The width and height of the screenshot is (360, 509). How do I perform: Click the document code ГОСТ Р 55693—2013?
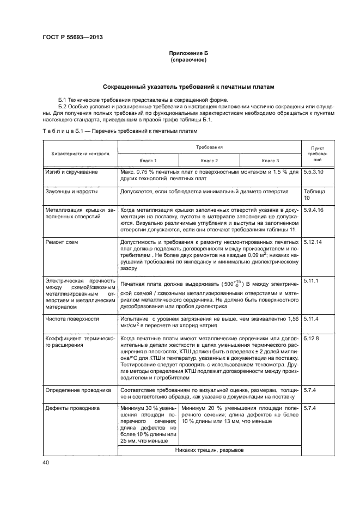72,37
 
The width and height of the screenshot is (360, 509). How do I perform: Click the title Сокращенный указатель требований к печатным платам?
188,87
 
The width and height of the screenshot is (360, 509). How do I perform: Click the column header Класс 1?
148,161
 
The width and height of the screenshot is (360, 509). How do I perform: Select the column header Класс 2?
209,161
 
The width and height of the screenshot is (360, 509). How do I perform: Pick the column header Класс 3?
270,161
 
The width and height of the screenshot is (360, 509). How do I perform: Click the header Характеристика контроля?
80,154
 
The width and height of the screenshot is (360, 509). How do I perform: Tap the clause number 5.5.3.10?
313,172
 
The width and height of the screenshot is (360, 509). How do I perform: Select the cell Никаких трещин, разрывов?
210,450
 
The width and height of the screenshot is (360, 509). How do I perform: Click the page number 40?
45,462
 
